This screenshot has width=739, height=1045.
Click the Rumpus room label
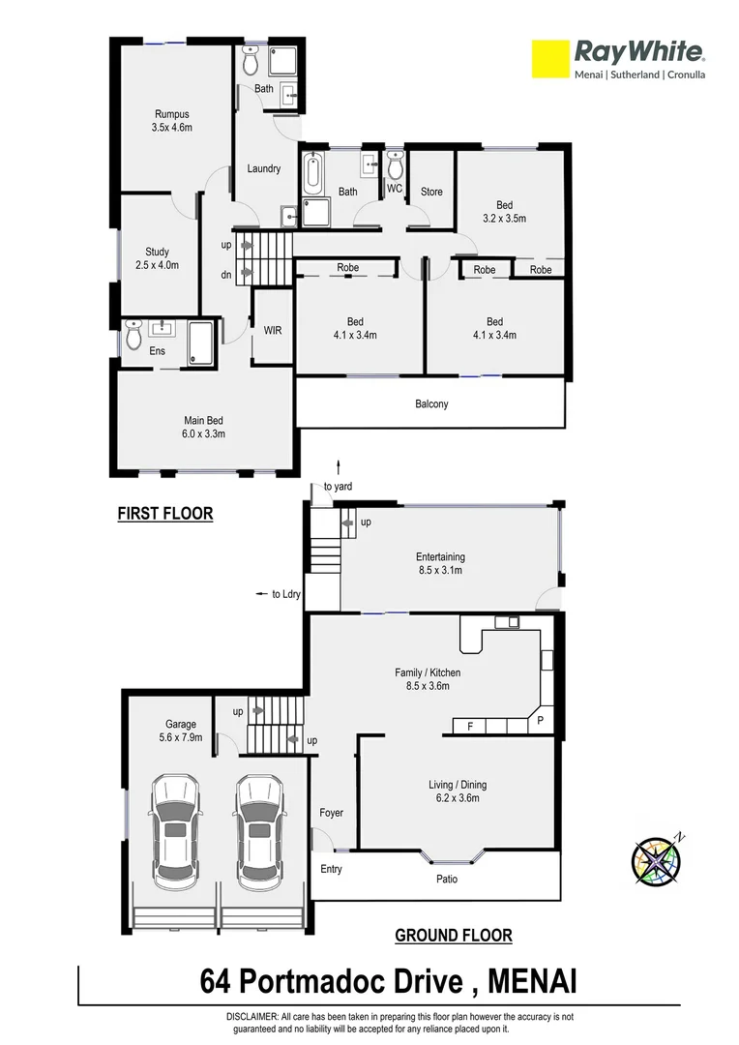click(x=172, y=120)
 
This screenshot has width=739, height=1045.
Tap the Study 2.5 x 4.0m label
click(x=157, y=258)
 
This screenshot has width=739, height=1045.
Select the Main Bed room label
click(x=204, y=427)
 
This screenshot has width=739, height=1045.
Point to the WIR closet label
click(x=273, y=330)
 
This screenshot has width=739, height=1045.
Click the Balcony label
click(x=431, y=403)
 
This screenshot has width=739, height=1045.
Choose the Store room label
click(x=431, y=192)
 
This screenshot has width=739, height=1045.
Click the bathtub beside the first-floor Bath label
click(x=313, y=174)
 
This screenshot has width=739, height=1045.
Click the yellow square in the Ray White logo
click(x=548, y=59)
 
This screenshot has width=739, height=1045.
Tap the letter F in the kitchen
click(x=470, y=725)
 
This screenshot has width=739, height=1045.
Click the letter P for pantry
click(x=541, y=722)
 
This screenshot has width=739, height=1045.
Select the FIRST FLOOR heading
click(x=164, y=514)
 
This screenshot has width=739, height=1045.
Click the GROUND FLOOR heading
click(x=453, y=936)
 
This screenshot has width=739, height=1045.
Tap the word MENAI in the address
click(x=533, y=982)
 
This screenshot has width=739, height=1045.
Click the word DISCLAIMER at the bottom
click(x=252, y=1017)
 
